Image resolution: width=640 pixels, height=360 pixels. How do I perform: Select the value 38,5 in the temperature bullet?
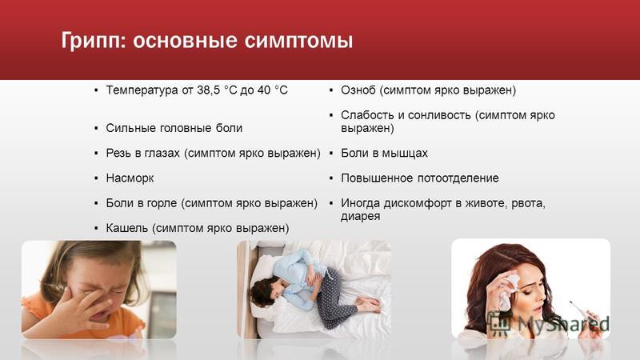point(209,90)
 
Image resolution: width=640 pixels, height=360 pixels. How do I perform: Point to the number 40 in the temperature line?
point(264,90)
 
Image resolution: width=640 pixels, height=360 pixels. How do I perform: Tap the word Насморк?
point(130,178)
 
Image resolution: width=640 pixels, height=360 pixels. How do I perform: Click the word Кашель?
point(126,228)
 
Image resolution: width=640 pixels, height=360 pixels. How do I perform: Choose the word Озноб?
point(358,90)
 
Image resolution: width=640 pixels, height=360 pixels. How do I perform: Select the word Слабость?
point(368,115)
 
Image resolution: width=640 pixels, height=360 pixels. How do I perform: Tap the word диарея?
point(361,216)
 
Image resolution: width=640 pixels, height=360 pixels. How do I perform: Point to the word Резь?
point(118,153)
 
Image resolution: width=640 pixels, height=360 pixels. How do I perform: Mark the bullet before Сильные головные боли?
point(96,128)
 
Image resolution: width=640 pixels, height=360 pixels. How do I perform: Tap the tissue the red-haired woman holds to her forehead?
point(509,291)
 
